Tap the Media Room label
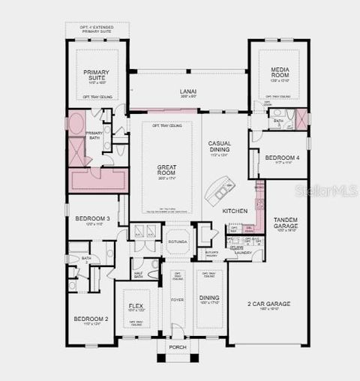click(279, 72)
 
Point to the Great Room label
click(166, 169)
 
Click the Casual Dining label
click(219, 145)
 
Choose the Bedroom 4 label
click(282, 157)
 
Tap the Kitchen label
click(235, 211)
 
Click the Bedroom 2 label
click(91, 319)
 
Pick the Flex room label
click(136, 306)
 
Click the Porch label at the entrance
click(178, 347)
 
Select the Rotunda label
click(178, 241)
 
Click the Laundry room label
click(243, 253)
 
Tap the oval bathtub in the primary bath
click(76, 124)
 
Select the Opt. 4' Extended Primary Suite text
click(97, 30)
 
